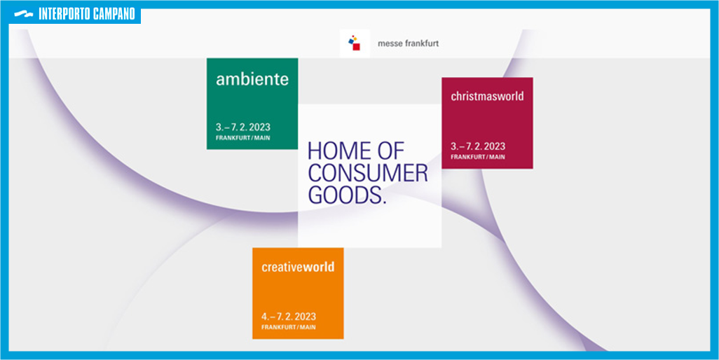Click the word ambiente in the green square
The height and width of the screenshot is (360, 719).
coord(252,79)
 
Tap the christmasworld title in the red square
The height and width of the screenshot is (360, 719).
coord(487,96)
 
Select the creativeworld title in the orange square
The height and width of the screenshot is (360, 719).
coord(298,267)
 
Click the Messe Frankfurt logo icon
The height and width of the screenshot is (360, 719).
coord(355,43)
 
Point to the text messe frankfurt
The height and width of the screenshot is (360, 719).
coord(408,44)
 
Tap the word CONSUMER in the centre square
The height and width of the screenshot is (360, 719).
coord(368,173)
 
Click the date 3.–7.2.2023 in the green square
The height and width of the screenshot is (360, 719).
coord(243,127)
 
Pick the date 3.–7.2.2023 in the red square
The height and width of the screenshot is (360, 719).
coord(478,146)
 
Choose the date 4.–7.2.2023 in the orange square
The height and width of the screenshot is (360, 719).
coord(289,317)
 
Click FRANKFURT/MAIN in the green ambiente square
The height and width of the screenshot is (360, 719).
coord(242,138)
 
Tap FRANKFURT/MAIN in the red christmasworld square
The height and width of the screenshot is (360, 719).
coord(478,157)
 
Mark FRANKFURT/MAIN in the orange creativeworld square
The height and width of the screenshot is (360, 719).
coord(289,328)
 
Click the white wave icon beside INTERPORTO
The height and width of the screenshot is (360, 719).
coord(24,14)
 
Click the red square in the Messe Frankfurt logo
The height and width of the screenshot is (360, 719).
coord(356,47)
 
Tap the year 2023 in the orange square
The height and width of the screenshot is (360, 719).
coord(305,317)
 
